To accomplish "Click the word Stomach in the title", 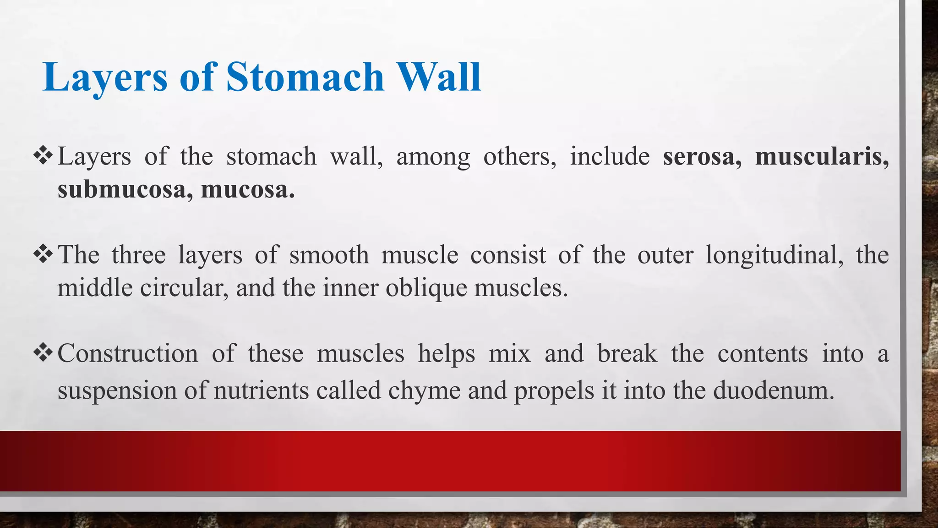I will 305,77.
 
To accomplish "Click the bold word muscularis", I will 822,156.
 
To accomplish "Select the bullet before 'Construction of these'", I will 44,353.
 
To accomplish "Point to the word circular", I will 184,288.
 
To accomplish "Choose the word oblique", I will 426,288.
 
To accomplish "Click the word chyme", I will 424,391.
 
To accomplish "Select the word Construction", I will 128,354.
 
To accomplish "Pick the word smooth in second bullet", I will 329,255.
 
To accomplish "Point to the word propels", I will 554,391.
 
